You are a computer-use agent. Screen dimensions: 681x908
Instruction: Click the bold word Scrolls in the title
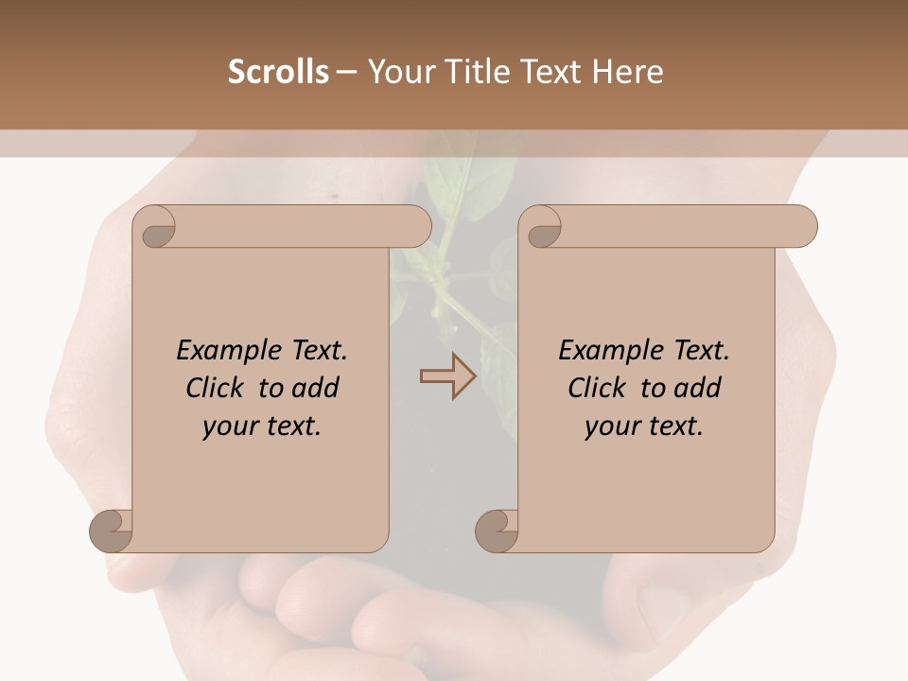(278, 72)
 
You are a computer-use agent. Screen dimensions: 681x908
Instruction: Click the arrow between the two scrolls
(447, 376)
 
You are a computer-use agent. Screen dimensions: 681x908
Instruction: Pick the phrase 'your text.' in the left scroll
(262, 427)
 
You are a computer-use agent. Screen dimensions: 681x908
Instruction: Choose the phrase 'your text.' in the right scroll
(644, 427)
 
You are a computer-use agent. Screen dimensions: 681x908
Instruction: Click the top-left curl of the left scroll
(154, 227)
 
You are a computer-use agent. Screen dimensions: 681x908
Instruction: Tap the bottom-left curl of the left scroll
(111, 531)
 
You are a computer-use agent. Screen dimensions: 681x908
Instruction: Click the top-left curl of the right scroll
(540, 227)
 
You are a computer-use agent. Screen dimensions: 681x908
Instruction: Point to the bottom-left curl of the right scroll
(497, 531)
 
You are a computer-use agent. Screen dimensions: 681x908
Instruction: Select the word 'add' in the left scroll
(316, 388)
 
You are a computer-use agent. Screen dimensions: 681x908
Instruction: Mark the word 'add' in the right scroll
(698, 388)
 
